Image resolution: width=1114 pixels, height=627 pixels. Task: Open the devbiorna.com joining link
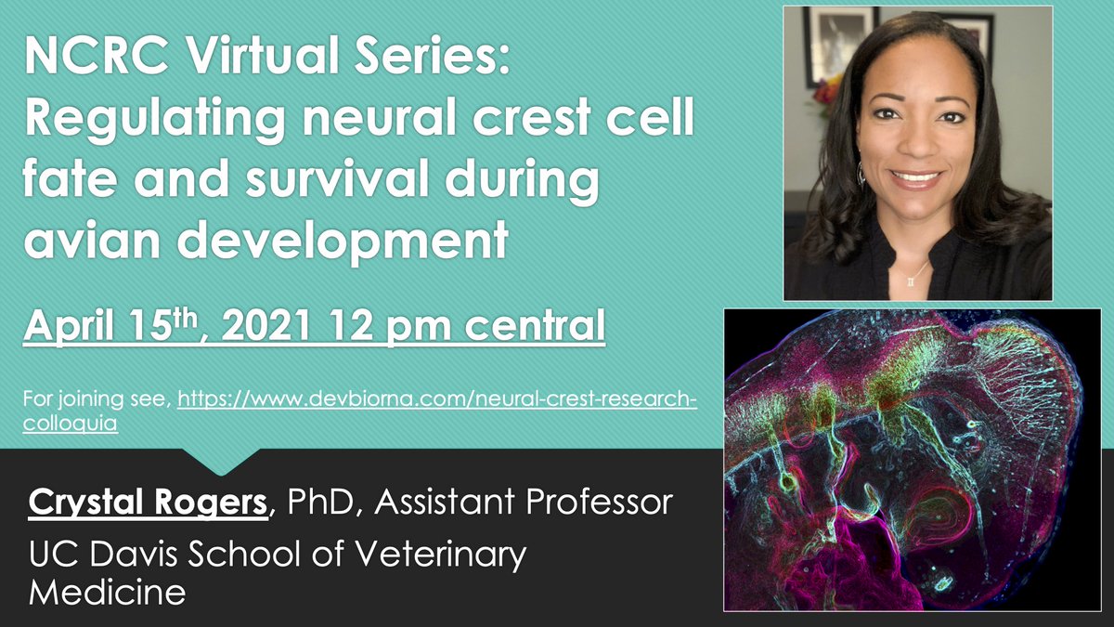[436, 399]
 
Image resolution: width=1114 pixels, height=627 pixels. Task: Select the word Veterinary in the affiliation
[436, 555]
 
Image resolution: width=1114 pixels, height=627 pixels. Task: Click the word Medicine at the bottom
[108, 591]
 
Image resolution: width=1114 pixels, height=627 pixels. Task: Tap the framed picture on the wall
[830, 46]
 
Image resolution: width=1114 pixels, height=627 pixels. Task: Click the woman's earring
[862, 175]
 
